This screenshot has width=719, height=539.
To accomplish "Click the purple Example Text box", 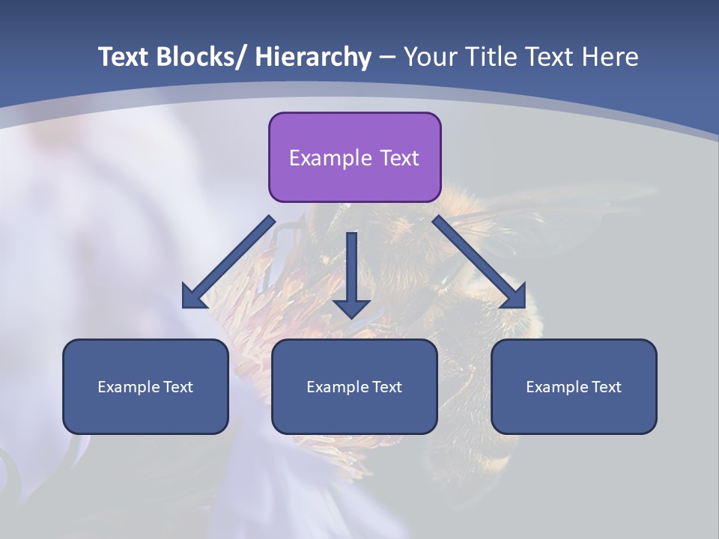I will point(354,157).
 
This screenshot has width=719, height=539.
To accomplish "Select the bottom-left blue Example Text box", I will point(145,386).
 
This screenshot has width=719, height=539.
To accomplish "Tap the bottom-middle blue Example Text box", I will point(354,386).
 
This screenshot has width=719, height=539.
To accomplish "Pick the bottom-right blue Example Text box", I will point(574,386).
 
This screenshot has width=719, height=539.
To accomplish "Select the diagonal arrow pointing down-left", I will point(229,262).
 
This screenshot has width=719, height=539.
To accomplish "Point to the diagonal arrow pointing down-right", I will point(479,262).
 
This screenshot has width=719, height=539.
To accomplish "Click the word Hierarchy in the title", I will point(313,57).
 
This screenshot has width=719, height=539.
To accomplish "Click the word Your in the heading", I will point(429,57).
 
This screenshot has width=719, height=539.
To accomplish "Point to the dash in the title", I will point(387,58).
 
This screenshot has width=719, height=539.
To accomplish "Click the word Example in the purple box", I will point(330,158).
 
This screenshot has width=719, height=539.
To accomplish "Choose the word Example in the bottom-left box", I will point(127,387).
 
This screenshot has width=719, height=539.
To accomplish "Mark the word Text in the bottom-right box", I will point(606,387).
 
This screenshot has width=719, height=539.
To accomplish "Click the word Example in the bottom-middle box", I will point(336,387).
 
